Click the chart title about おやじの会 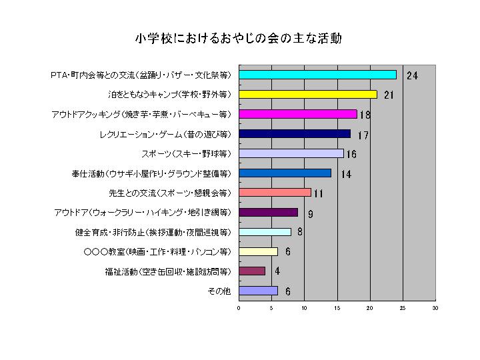(x=239, y=39)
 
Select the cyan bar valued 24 (x=317, y=75)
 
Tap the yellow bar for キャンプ (x=307, y=95)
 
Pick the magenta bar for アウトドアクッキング (x=297, y=114)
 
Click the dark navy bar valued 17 (x=294, y=134)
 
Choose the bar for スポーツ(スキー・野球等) (x=291, y=153)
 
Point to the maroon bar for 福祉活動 (x=252, y=271)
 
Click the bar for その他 (x=258, y=291)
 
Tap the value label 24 (x=412, y=75)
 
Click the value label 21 (x=389, y=95)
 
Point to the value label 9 (x=311, y=214)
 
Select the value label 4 (x=277, y=271)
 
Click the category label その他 (x=220, y=291)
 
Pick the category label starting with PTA (x=141, y=75)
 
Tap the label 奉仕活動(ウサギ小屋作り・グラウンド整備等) (x=151, y=173)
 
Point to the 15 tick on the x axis (x=337, y=308)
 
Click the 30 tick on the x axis (x=435, y=308)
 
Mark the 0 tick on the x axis (x=239, y=308)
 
